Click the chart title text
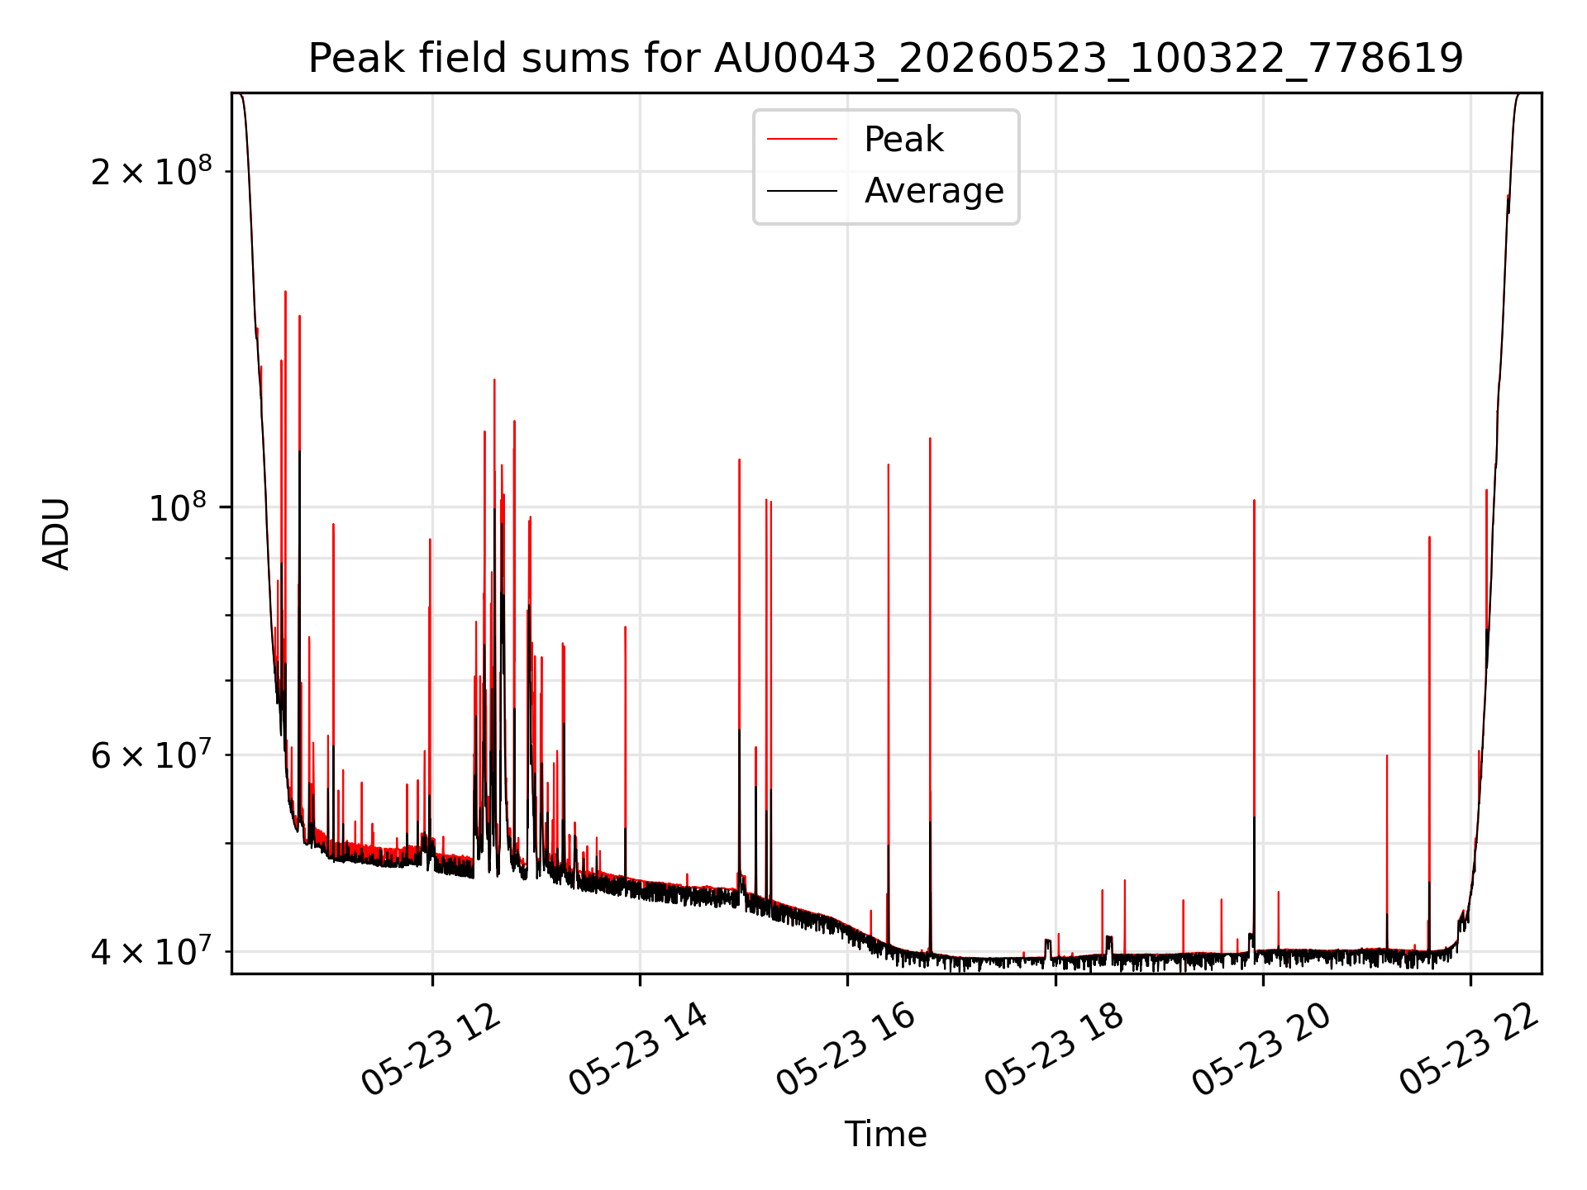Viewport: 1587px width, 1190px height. [x=885, y=59]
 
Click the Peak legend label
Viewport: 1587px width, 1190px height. [x=903, y=140]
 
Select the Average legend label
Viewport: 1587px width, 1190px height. [x=934, y=191]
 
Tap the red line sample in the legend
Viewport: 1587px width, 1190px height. [x=802, y=140]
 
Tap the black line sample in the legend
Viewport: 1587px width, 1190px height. [x=802, y=191]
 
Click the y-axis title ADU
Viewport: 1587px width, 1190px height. [x=56, y=534]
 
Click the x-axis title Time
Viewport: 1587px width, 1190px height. [x=885, y=1135]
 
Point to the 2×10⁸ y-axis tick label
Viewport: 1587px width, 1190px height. [x=151, y=171]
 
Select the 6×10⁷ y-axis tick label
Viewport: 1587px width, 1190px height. [x=151, y=754]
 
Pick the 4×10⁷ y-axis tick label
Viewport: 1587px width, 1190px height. [x=151, y=951]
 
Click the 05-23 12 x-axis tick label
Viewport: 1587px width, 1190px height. [x=431, y=1050]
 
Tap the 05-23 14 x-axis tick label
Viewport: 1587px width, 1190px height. [x=639, y=1050]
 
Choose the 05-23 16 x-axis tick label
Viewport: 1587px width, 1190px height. [x=846, y=1050]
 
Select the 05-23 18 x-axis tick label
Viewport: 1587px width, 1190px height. [x=1054, y=1050]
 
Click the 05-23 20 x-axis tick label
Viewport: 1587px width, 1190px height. [x=1261, y=1050]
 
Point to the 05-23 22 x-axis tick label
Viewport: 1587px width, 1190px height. [x=1469, y=1050]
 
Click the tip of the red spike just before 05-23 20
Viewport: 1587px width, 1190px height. [x=1254, y=500]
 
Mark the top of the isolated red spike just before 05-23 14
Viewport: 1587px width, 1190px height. [x=625, y=626]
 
